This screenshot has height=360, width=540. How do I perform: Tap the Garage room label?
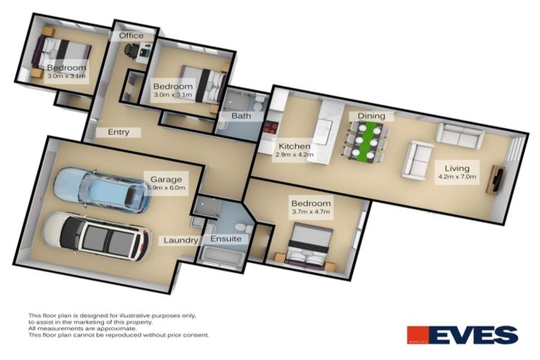pyautogui.click(x=157, y=179)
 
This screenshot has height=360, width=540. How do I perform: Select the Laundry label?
pyautogui.click(x=181, y=240)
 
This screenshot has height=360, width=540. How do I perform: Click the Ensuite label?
pyautogui.click(x=226, y=239)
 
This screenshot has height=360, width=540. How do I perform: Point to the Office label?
pyautogui.click(x=131, y=35)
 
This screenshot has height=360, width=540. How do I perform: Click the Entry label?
pyautogui.click(x=118, y=132)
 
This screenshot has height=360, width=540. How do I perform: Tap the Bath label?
pyautogui.click(x=241, y=116)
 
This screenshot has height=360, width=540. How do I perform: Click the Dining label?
pyautogui.click(x=371, y=115)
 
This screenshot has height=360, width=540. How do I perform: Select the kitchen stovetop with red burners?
pyautogui.click(x=269, y=128)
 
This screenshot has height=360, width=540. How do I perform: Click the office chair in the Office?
pyautogui.click(x=131, y=50)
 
